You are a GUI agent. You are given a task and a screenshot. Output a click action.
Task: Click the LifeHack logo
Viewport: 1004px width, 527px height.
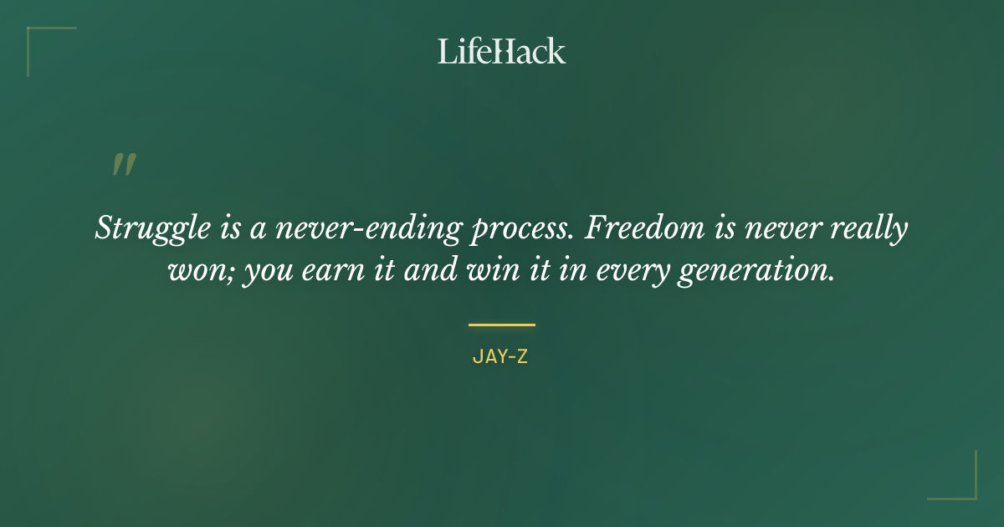pos(501,51)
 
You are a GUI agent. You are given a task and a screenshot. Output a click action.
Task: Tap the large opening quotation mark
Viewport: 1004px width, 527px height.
pos(124,165)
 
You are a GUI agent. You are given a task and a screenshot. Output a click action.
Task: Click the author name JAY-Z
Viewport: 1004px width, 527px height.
pos(500,357)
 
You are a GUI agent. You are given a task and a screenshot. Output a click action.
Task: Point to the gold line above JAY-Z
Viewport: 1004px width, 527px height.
pos(501,325)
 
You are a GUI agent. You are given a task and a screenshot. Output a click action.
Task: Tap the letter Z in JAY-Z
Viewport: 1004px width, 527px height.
pos(522,357)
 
